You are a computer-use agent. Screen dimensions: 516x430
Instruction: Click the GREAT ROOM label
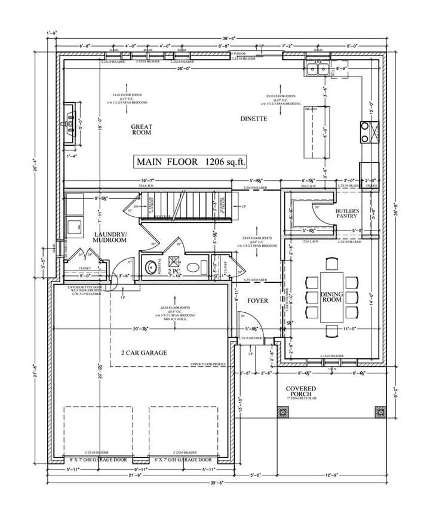coord(142,131)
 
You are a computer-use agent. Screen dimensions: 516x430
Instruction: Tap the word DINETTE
coord(253,119)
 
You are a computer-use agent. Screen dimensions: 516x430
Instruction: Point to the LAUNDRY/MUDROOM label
coord(110,238)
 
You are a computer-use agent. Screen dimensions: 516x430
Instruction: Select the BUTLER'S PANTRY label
coord(346,214)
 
